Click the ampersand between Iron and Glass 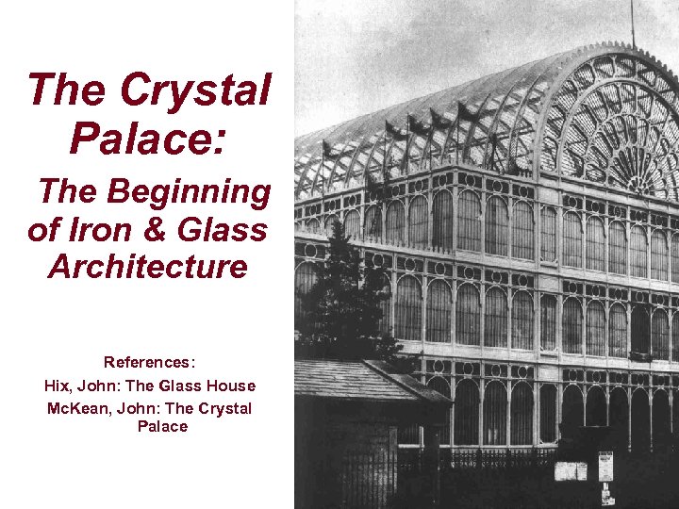coord(159,229)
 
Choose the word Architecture coord(148,267)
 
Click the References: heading coord(150,362)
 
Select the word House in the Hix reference coord(233,386)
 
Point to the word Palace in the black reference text coord(162,427)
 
